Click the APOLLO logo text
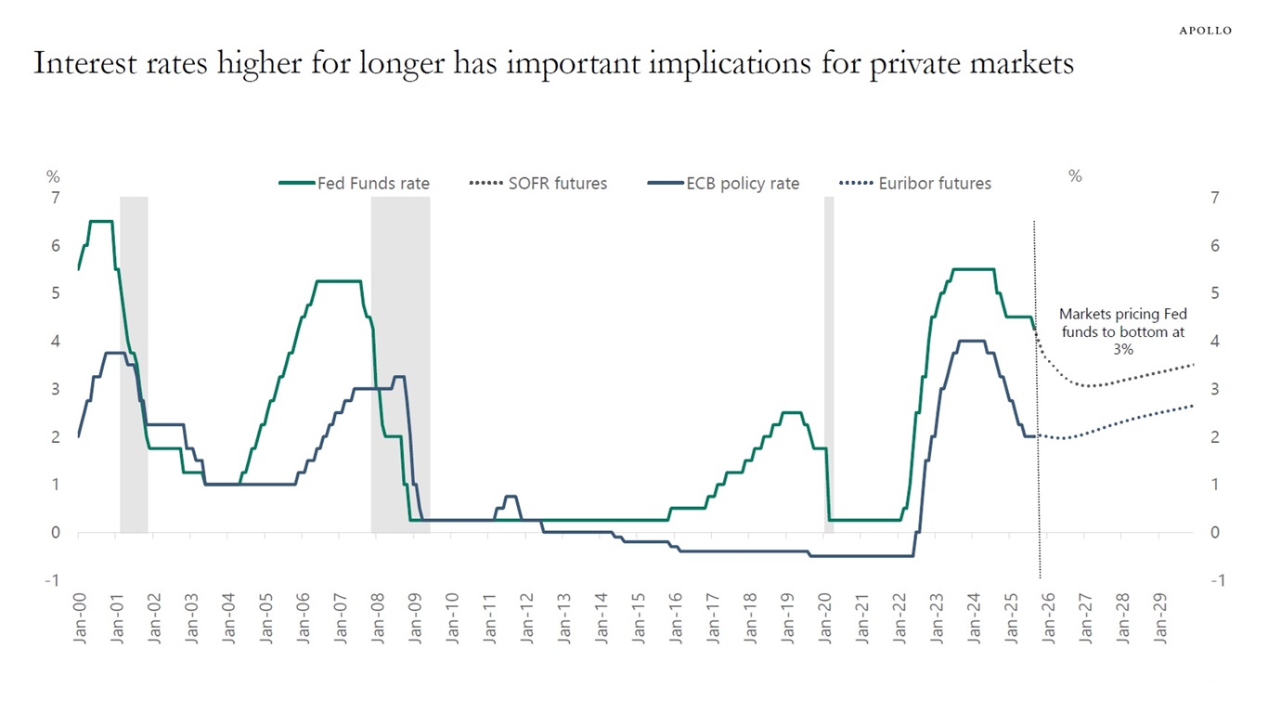point(1205,31)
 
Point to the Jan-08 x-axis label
point(378,617)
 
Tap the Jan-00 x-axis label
point(79,617)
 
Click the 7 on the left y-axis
point(55,198)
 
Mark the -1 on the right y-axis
point(1215,580)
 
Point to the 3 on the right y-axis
point(1216,389)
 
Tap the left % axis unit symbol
point(53,176)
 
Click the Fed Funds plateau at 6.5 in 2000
point(100,221)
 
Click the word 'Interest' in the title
point(81,63)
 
